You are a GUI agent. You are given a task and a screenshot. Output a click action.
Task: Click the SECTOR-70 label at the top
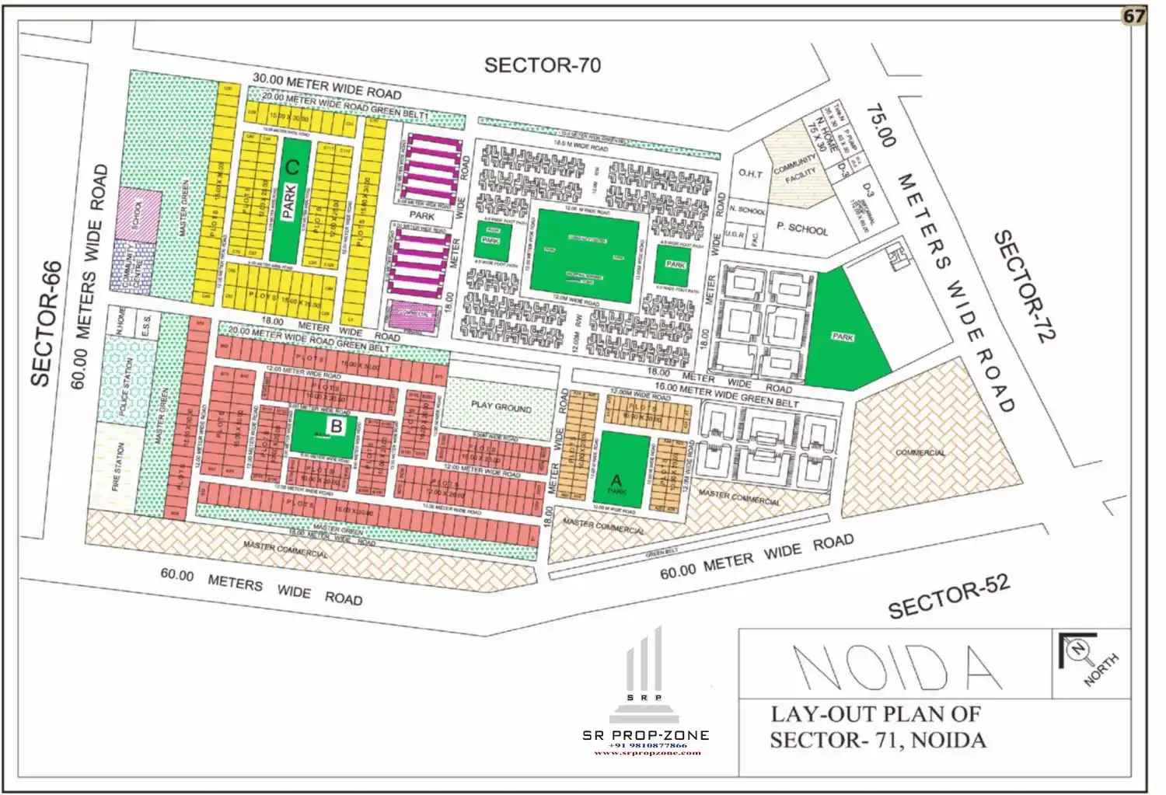coord(542,65)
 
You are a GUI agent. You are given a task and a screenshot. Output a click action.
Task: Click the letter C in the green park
coord(292,166)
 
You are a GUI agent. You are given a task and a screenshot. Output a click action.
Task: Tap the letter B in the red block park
coord(336,426)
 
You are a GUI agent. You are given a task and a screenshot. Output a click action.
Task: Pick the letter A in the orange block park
coord(618,479)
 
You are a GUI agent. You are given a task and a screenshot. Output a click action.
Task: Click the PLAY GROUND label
coord(501,406)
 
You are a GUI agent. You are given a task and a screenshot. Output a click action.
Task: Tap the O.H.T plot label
coord(749,174)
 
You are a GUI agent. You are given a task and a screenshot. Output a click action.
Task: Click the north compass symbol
coord(1078,649)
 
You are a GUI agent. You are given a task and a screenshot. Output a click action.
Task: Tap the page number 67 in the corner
coord(1133,16)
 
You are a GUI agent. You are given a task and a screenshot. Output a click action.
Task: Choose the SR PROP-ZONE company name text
coord(645,735)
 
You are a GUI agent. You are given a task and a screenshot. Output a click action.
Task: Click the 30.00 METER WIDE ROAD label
coord(327,85)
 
